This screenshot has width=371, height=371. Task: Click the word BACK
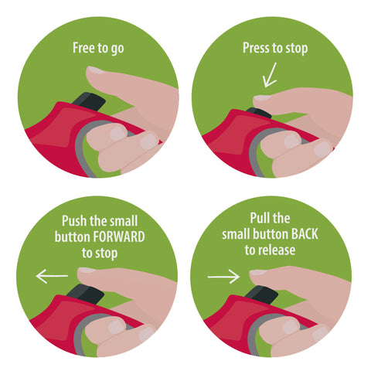pos(305,234)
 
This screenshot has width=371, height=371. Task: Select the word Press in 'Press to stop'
pos(257,48)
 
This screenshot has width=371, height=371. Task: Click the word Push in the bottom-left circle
pos(75,221)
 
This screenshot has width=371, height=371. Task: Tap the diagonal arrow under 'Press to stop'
pos(270,75)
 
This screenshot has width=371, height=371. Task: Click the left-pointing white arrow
pos(52,276)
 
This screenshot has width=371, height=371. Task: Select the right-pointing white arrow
pos(223,277)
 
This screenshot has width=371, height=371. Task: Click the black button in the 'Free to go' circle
pos(90,102)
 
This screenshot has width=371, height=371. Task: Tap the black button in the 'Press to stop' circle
pos(259,113)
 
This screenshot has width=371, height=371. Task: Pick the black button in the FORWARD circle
pos(86,294)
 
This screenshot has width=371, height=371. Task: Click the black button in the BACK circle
pos(262,295)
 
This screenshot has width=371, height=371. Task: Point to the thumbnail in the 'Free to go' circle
pos(95,70)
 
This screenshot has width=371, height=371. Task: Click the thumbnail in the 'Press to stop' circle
pos(261,97)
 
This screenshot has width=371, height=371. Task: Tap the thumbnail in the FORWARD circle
pos(87,271)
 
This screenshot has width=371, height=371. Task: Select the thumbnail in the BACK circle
pos(257,272)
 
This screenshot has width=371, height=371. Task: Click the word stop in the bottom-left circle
pos(107,254)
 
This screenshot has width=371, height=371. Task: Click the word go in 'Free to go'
pos(117,49)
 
